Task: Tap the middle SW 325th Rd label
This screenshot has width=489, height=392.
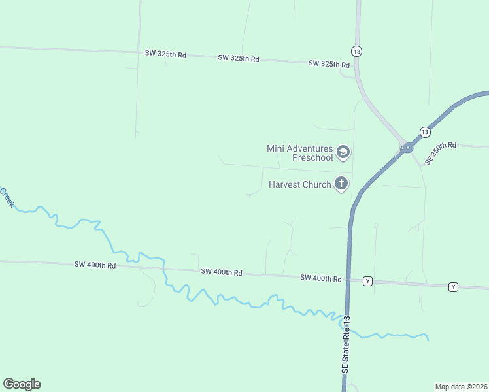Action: click(x=239, y=58)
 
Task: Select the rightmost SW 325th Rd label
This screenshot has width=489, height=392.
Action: click(x=329, y=64)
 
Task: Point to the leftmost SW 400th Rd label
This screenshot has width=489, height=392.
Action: click(x=95, y=265)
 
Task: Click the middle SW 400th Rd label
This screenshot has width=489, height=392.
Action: click(x=222, y=272)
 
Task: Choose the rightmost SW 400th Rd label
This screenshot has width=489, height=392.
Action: click(x=321, y=278)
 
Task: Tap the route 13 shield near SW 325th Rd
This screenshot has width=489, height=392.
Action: click(x=356, y=51)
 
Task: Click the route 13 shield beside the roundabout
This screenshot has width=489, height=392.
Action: click(x=424, y=131)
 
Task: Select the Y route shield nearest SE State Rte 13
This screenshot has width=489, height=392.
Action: click(x=367, y=281)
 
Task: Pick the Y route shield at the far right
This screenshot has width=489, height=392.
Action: click(x=453, y=287)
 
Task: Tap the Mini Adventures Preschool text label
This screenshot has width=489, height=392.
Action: click(x=300, y=154)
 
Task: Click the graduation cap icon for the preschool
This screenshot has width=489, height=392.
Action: click(x=343, y=153)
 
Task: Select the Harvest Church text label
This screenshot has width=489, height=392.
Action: click(x=300, y=184)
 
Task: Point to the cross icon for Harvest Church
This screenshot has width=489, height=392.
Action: click(x=341, y=184)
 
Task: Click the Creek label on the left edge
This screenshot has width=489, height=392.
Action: click(x=7, y=198)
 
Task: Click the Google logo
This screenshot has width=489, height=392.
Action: click(x=22, y=384)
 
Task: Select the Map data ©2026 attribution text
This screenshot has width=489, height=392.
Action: click(x=462, y=387)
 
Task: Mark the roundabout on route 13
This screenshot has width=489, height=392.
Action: click(x=407, y=148)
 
